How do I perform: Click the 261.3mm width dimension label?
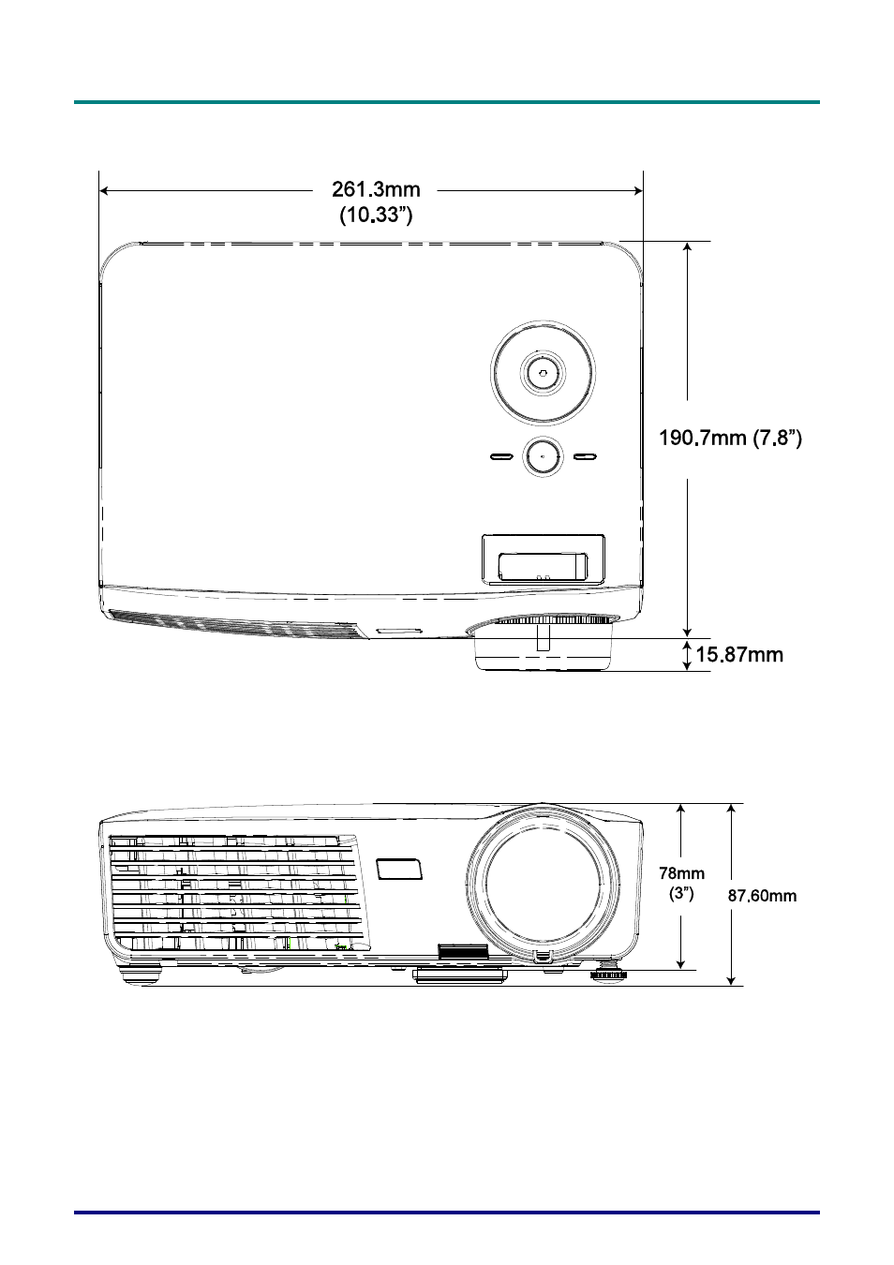(x=376, y=189)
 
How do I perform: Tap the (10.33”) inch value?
(x=376, y=216)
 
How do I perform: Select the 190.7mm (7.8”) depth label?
(x=730, y=438)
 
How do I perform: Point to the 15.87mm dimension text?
(x=738, y=655)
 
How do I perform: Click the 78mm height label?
(x=681, y=873)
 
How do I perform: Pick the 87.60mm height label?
(x=762, y=896)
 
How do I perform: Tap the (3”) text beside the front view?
(x=681, y=894)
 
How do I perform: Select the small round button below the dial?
(x=543, y=456)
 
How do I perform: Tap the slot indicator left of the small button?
(x=500, y=456)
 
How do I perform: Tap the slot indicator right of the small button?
(x=585, y=456)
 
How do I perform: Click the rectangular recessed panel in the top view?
(x=544, y=559)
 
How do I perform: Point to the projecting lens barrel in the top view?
(x=544, y=644)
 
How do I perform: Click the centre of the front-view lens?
(x=543, y=884)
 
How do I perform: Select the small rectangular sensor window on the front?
(x=399, y=870)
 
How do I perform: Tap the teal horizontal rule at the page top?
(x=447, y=102)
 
